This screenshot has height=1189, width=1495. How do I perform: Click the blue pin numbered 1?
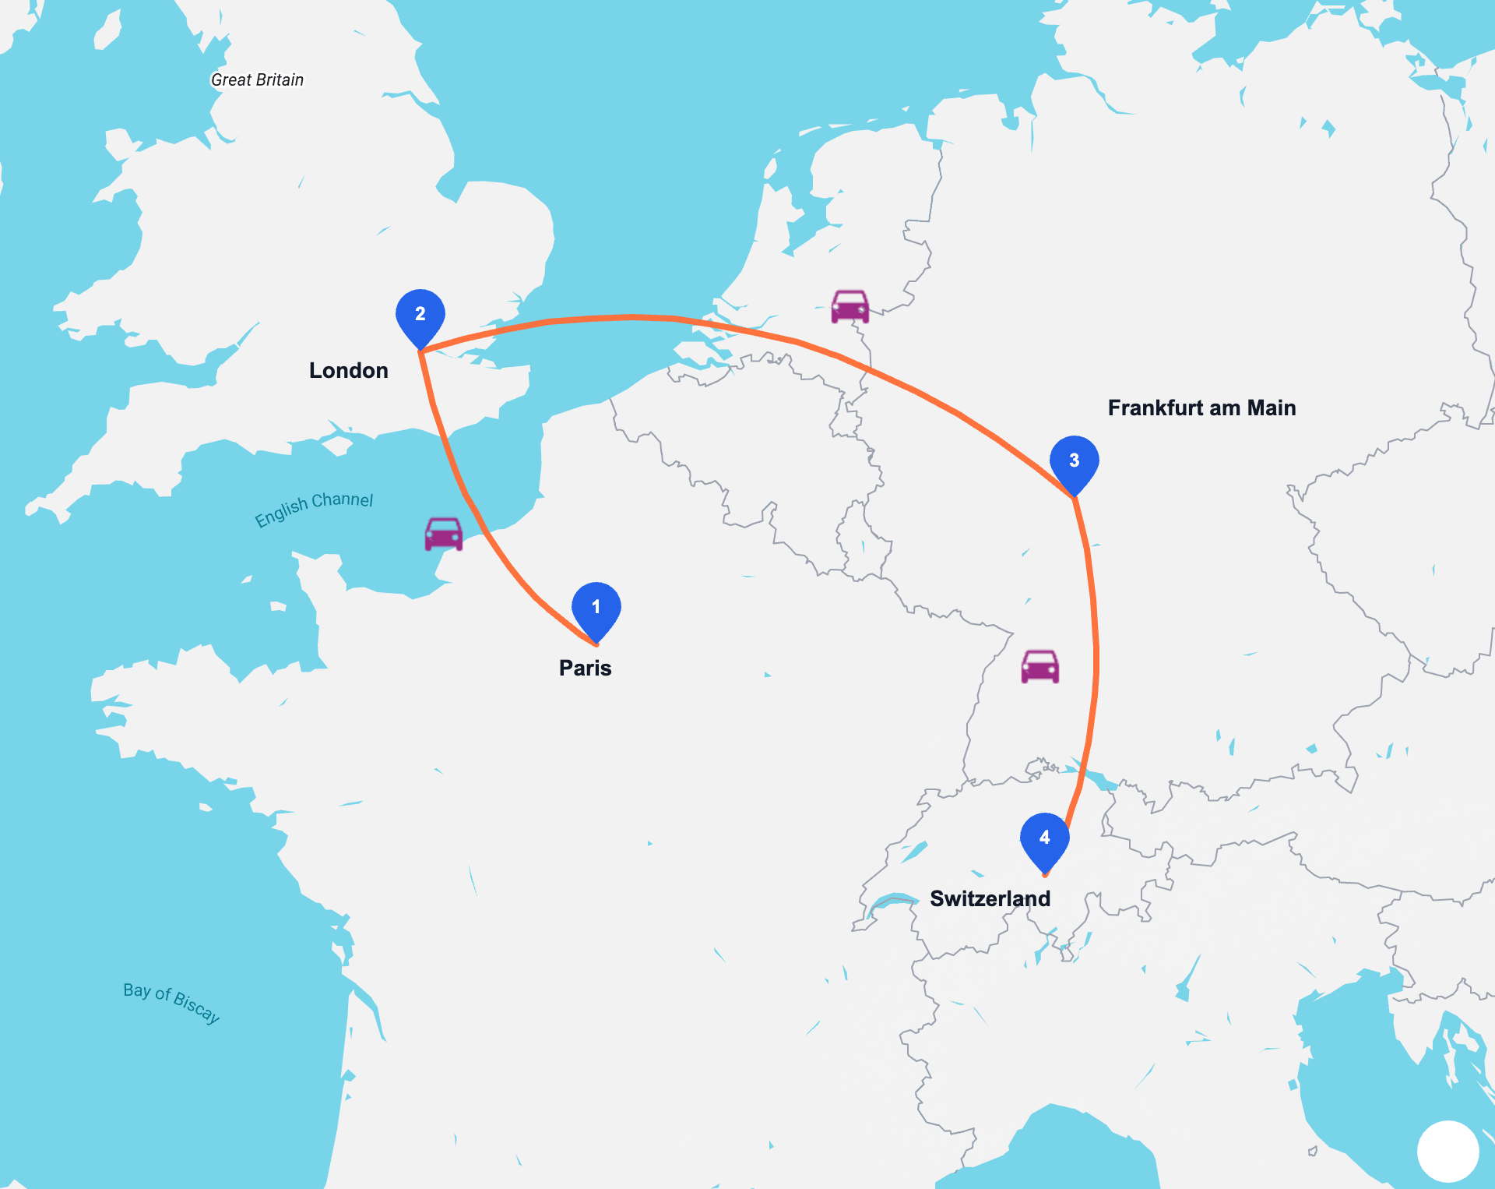coord(596,609)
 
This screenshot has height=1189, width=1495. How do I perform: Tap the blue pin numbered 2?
coord(420,316)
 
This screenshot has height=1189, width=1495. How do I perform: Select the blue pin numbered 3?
coord(1075,462)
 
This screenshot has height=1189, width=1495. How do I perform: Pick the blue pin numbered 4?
coord(1045,839)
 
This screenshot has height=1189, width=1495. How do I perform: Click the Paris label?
coord(586,668)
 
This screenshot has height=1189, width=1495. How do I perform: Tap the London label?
coord(349,370)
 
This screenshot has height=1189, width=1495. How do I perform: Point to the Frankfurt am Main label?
coord(1201,408)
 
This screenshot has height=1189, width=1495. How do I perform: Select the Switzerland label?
coord(990,898)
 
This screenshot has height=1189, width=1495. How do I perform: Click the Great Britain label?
coord(258,79)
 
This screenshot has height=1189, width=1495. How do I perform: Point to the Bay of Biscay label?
coord(172,1002)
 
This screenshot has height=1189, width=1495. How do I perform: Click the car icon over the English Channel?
coord(444,534)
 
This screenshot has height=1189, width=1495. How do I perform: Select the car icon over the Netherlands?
coord(850,306)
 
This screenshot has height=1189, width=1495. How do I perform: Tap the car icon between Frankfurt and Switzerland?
coord(1040,666)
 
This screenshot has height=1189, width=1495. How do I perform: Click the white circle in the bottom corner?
coord(1448,1151)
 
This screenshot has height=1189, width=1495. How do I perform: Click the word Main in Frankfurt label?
coord(1272,408)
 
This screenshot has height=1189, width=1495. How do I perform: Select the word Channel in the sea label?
coord(343,499)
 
